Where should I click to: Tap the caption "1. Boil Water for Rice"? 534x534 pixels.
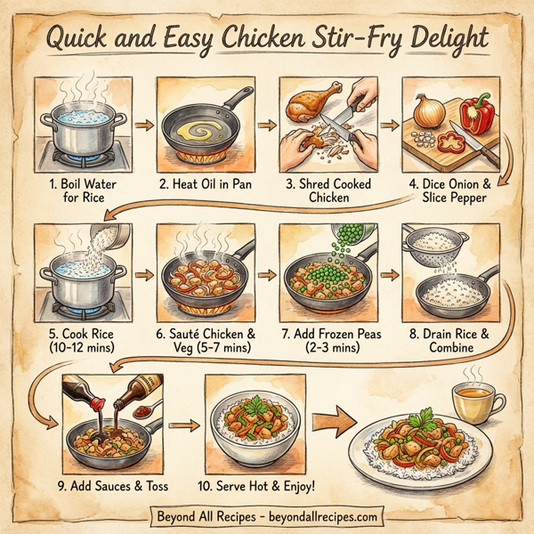[78, 191]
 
